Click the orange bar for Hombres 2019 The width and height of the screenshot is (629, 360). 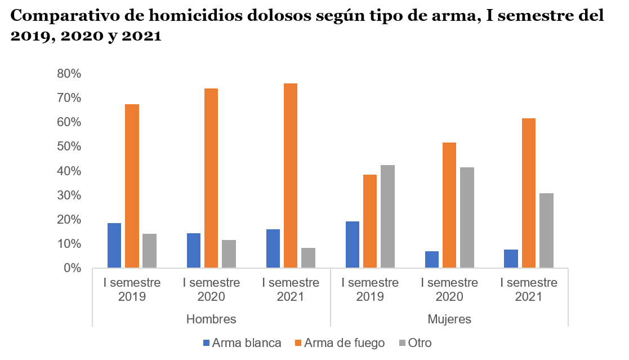pos(132,186)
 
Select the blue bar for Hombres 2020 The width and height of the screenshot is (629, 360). pos(194,251)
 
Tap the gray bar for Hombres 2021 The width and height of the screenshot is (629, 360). pos(308,258)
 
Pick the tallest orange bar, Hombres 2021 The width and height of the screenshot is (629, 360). pos(291,176)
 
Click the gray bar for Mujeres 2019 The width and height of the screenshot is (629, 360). pos(387,216)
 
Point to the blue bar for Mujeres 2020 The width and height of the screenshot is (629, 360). pos(432,260)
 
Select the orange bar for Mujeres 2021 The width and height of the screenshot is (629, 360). pos(529,193)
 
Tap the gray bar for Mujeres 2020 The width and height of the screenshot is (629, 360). pos(467,217)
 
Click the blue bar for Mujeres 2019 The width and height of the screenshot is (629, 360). pos(353,245)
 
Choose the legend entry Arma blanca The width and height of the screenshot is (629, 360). pos(242,343)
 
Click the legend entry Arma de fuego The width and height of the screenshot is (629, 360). pos(339,343)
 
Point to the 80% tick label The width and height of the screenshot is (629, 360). pos(69,74)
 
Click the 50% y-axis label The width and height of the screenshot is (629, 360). pos(69,146)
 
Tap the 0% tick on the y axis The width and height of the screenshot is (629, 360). pos(72,268)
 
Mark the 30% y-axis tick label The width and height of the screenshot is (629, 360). pos(69,195)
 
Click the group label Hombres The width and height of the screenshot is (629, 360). pos(211,319)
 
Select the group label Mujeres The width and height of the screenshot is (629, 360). pos(449,319)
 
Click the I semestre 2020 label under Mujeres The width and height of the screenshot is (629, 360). pos(449,290)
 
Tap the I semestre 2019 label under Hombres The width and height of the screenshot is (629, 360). pos(132,290)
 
